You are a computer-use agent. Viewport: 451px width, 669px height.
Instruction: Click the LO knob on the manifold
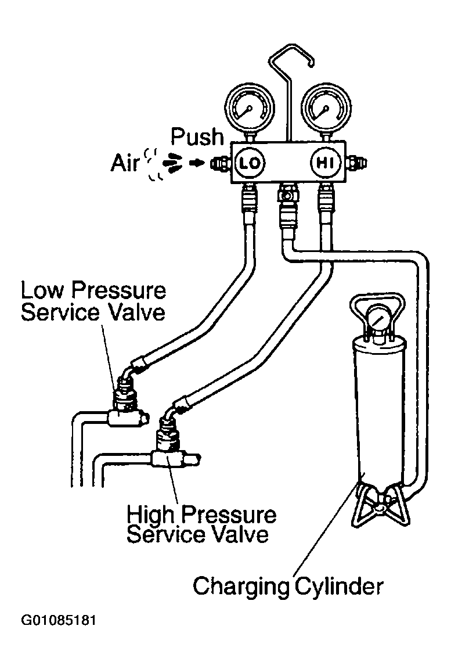click(x=250, y=163)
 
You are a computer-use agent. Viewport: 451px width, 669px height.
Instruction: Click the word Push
click(x=197, y=136)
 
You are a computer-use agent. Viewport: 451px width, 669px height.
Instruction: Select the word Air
click(x=125, y=163)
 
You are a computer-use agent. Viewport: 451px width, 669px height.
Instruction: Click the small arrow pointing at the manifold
click(x=198, y=163)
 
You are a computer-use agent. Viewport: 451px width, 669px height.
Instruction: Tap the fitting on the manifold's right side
click(x=356, y=163)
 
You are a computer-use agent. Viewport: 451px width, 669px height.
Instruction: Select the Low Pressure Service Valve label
click(x=93, y=301)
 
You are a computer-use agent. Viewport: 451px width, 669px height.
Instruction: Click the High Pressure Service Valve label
click(x=201, y=524)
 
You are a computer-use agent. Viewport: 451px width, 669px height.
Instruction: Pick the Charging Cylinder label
click(x=288, y=586)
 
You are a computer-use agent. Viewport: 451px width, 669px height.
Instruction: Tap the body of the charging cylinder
click(x=377, y=409)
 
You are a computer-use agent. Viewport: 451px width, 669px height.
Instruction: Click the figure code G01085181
click(x=59, y=620)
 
